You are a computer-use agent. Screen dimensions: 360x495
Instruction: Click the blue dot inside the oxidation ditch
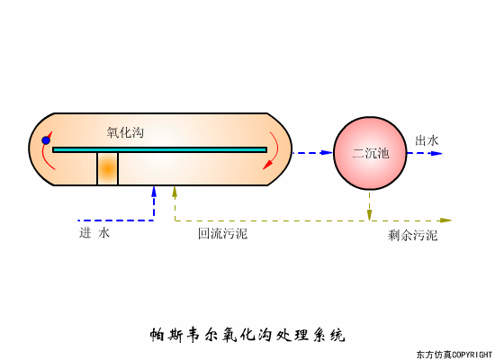click(x=45, y=140)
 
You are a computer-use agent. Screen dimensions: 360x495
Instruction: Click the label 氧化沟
click(x=125, y=132)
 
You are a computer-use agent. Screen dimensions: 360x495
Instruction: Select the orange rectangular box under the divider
click(x=108, y=169)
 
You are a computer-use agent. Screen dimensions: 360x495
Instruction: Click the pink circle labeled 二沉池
click(x=369, y=153)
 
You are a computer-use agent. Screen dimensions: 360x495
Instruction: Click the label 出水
click(x=427, y=140)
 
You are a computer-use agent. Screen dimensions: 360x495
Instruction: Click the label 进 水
click(x=94, y=233)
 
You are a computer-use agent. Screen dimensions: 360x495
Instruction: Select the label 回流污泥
click(x=222, y=234)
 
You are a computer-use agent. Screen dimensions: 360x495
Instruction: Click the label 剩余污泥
click(x=413, y=235)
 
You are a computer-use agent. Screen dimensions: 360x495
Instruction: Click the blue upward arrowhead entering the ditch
click(x=155, y=191)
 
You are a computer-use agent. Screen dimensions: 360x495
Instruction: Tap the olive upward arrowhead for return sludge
click(x=175, y=191)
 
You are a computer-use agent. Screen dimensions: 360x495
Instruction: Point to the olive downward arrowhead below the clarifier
click(x=369, y=213)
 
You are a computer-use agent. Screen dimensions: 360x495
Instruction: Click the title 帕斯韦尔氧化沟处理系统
click(x=247, y=337)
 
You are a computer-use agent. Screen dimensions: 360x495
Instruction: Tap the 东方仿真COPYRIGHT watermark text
click(x=454, y=354)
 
